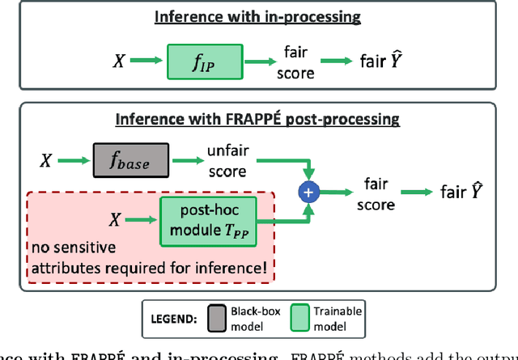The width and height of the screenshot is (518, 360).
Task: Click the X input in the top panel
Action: tap(118, 61)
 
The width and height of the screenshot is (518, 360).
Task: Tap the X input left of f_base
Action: tap(46, 162)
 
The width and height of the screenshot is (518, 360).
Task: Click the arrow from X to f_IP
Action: tap(147, 61)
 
